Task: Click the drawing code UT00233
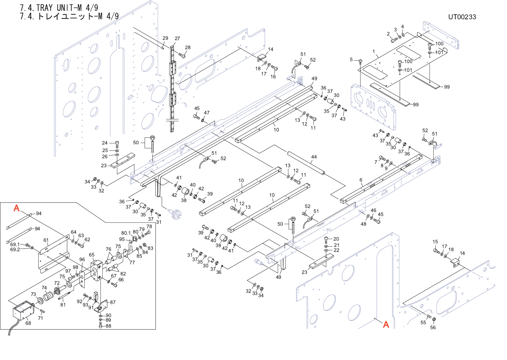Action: (x=462, y=17)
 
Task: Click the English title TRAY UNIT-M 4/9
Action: (x=59, y=8)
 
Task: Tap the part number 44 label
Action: (x=314, y=157)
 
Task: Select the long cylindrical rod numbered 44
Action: (x=306, y=163)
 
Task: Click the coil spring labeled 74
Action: (x=49, y=296)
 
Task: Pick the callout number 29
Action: (x=165, y=38)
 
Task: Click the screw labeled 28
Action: (x=182, y=55)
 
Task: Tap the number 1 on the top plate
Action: (x=374, y=52)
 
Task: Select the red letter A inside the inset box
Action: (x=16, y=208)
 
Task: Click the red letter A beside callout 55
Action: (x=386, y=325)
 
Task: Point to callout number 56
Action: (x=433, y=327)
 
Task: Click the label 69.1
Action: (x=15, y=245)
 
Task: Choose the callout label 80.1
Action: (x=126, y=233)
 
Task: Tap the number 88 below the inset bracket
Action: (x=109, y=326)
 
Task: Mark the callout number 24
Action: (x=105, y=143)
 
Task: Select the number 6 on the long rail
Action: (x=361, y=180)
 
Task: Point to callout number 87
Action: (x=113, y=302)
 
